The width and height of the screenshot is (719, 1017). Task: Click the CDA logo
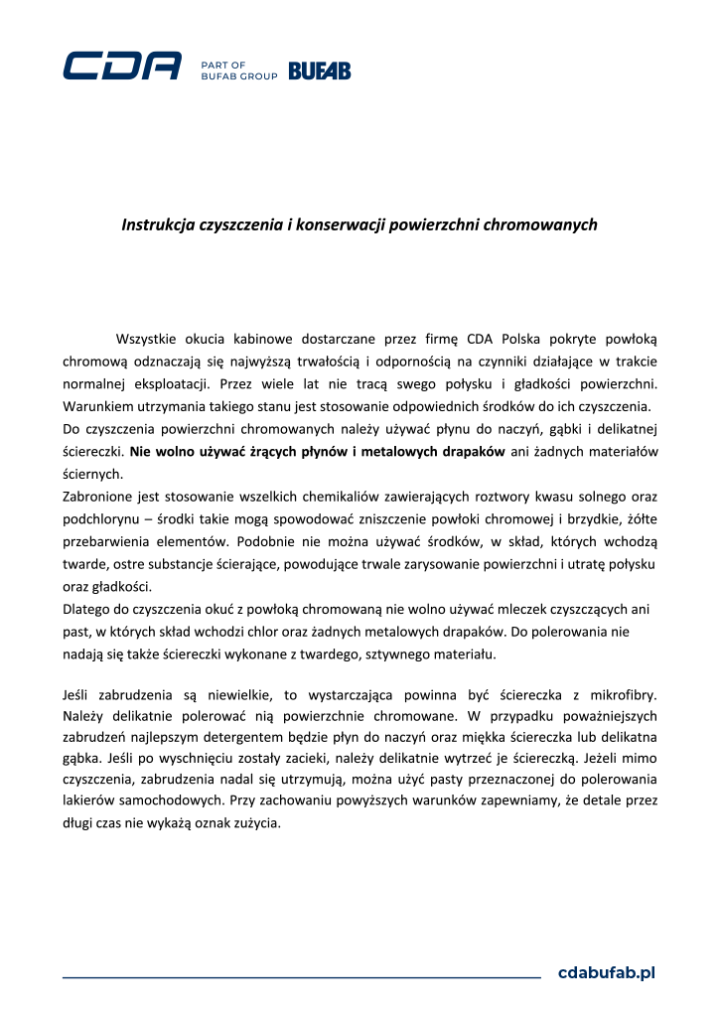coord(122,66)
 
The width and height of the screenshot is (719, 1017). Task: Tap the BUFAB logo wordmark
coord(319,71)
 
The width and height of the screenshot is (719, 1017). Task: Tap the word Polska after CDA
coord(527,340)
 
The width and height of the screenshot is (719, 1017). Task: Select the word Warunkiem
coord(97,406)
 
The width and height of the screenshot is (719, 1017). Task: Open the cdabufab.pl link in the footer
coord(607,972)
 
